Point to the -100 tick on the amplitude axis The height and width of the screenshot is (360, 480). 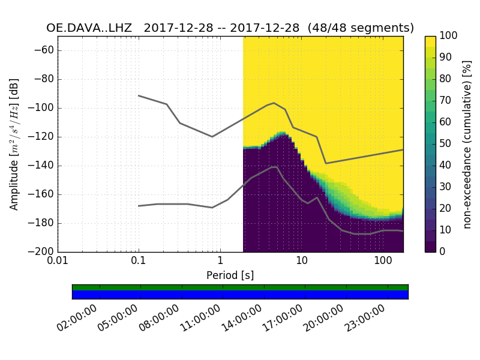pos(45,108)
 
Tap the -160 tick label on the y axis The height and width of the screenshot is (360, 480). pos(45,194)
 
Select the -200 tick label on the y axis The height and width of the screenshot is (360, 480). pos(45,252)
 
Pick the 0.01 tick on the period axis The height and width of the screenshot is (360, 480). pos(58,262)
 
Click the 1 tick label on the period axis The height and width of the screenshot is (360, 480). pos(220,262)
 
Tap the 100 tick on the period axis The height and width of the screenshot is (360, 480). pos(383,262)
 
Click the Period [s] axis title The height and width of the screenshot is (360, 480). pos(230,276)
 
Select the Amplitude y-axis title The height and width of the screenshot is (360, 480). pos(14,144)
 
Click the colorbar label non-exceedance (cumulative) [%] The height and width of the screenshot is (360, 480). pos(467,144)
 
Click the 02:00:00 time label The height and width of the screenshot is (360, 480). pos(78,317)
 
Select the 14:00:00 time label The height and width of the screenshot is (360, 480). pos(242,317)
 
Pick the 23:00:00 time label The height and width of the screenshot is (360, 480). pos(365,317)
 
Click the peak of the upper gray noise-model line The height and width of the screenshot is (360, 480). pos(274,103)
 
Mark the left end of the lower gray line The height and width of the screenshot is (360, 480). pos(139,206)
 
